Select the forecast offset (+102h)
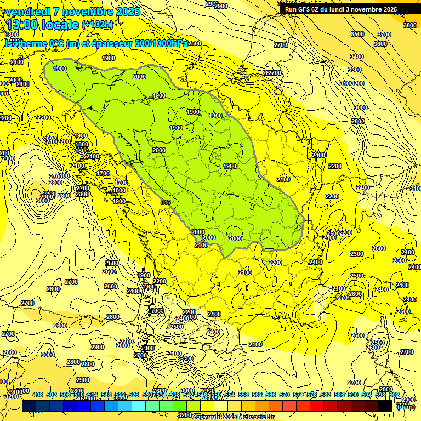pos(98,24)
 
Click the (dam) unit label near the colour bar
pos(405,407)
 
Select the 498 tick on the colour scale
pos(38,395)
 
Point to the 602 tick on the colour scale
pos(394,395)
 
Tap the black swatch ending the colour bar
pos(385,406)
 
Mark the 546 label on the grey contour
pos(166,202)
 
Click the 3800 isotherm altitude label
pos(409,25)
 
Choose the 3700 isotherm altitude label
pos(384,35)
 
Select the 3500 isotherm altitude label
pos(357,35)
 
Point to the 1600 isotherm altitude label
pos(82,151)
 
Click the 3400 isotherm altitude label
pos(356,56)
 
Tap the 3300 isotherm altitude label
pos(354,70)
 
